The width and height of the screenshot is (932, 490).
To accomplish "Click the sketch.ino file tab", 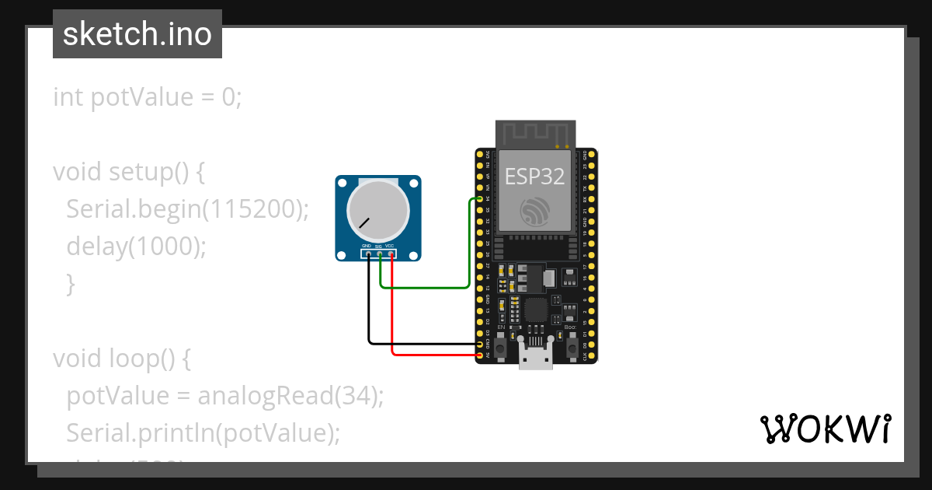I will point(137,34).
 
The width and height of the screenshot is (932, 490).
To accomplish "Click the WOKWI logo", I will point(825,429).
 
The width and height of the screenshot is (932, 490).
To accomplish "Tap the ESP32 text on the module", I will point(534,176).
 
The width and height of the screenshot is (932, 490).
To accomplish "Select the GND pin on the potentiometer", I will point(367,253).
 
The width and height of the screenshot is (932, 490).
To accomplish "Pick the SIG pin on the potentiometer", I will point(379,253).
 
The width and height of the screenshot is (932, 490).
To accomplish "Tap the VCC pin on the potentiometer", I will point(391,253).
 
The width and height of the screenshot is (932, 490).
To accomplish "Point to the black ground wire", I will point(419,343).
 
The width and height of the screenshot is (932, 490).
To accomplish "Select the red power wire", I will point(435,355).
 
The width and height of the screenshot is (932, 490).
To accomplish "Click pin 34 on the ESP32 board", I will point(479,199).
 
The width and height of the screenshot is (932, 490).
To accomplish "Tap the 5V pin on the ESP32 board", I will point(479,355).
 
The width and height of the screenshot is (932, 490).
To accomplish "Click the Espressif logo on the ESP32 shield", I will point(535,212).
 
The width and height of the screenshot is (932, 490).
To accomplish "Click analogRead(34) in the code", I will point(290,395).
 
